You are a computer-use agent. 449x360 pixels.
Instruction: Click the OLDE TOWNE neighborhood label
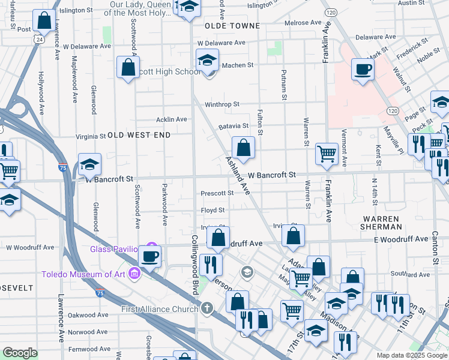pyautogui.click(x=232, y=26)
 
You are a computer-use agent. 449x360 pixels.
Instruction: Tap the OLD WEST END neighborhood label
pyautogui.click(x=139, y=135)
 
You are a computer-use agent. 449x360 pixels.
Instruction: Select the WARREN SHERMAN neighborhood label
pyautogui.click(x=381, y=222)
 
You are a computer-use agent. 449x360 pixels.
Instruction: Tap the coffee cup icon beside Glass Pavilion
pyautogui.click(x=149, y=256)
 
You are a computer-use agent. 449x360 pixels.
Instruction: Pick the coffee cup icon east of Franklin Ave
pyautogui.click(x=363, y=69)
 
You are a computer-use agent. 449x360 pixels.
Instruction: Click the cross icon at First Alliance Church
pyautogui.click(x=206, y=308)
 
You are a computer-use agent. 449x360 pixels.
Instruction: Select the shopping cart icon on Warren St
pyautogui.click(x=327, y=154)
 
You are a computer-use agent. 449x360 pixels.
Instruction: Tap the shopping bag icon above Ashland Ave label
pyautogui.click(x=244, y=146)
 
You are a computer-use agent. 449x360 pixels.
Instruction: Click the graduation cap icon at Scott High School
pyautogui.click(x=207, y=60)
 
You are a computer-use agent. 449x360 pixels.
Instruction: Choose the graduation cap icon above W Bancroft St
pyautogui.click(x=89, y=164)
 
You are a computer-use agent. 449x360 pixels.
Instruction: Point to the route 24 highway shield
pyautogui.click(x=38, y=39)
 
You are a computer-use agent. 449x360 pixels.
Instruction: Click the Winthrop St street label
pyautogui.click(x=221, y=104)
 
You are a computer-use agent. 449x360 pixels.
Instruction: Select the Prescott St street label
pyautogui.click(x=217, y=193)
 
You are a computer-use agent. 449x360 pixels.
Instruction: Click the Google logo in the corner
pyautogui.click(x=20, y=353)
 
